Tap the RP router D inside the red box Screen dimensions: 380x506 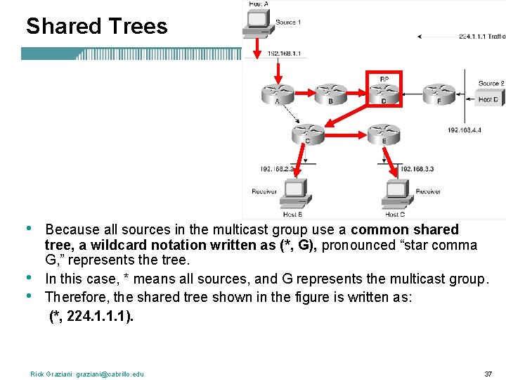pyautogui.click(x=384, y=92)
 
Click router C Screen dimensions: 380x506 pyautogui.click(x=307, y=132)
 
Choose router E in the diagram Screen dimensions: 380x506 pyautogui.click(x=384, y=132)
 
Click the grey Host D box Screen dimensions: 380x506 pyautogui.click(x=488, y=99)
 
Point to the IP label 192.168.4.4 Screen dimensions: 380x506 pyautogui.click(x=464, y=130)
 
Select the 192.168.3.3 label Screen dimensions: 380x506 pyautogui.click(x=417, y=169)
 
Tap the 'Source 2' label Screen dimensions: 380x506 pyautogui.click(x=491, y=83)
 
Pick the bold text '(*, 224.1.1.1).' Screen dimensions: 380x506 pyautogui.click(x=91, y=317)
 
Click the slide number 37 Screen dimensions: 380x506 pyautogui.click(x=488, y=373)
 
